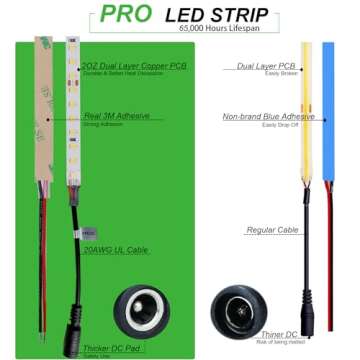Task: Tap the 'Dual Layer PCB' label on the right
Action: (x=262, y=65)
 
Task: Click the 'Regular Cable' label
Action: (x=271, y=230)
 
